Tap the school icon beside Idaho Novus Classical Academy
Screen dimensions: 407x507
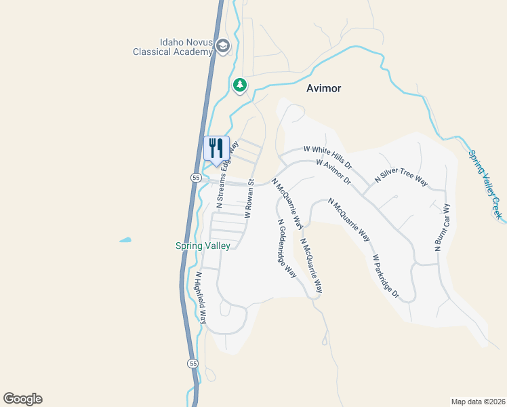[x=223, y=45]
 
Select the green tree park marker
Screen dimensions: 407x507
[x=239, y=85]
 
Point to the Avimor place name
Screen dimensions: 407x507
[x=323, y=88]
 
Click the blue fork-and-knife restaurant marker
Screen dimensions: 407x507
[x=217, y=148]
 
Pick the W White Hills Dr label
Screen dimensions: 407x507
[x=328, y=156]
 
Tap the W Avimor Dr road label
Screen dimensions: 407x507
[x=333, y=173]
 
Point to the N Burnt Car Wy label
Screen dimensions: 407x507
[x=442, y=228]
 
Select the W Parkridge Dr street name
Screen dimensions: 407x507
[x=385, y=277]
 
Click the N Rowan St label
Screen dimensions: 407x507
[x=249, y=199]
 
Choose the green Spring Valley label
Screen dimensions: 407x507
[x=203, y=246]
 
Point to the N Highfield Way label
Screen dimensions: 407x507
[x=200, y=298]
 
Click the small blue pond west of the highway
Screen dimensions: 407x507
[x=125, y=239]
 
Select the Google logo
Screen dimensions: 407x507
[x=22, y=399]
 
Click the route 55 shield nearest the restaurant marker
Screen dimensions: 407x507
[x=195, y=177]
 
